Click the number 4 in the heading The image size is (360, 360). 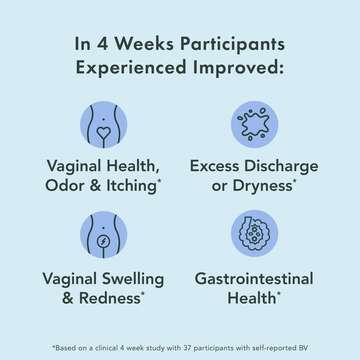102,44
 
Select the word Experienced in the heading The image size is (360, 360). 131,67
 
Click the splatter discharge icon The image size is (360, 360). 254,124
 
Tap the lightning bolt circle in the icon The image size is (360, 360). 103,241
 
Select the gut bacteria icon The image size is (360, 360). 254,233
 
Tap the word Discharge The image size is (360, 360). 281,166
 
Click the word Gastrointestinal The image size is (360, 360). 254,279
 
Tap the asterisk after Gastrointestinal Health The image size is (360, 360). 279,293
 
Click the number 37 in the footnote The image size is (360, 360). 187,348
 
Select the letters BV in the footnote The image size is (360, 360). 303,348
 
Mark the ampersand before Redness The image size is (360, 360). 68,298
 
